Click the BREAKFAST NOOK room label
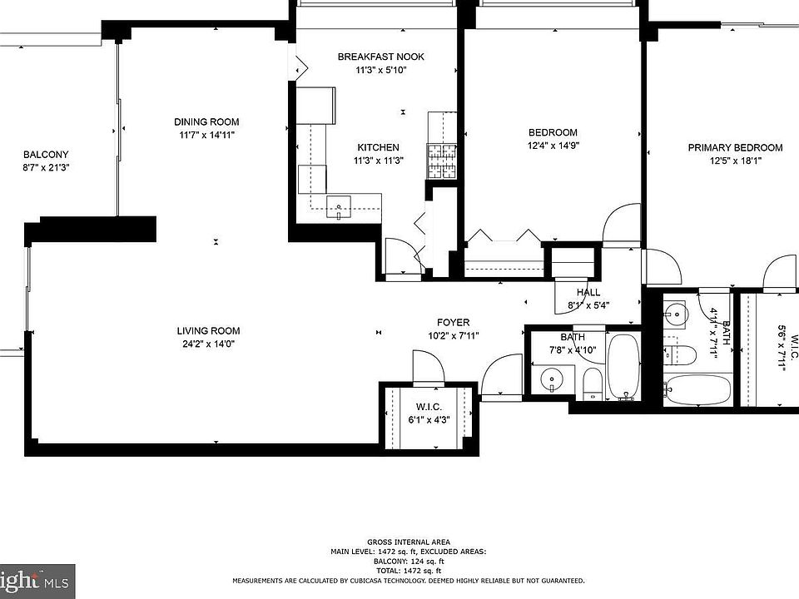click(380, 57)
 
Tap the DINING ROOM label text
click(206, 122)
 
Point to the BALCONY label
click(46, 155)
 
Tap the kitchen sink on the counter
click(340, 204)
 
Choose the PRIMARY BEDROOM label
click(734, 148)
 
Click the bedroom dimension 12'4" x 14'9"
click(553, 146)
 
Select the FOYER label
click(453, 323)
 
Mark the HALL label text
click(588, 293)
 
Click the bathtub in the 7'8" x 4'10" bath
click(623, 366)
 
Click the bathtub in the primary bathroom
click(697, 389)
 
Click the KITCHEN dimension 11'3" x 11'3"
click(378, 161)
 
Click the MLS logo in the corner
click(57, 581)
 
